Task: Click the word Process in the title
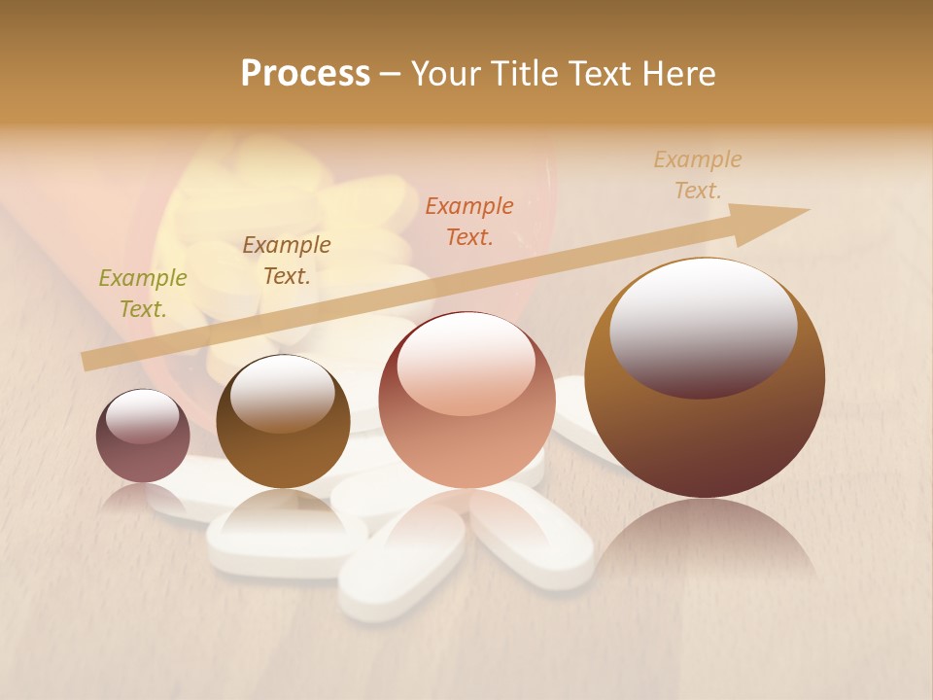pos(305,73)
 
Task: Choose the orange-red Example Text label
pos(469,221)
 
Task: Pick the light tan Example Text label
pos(698,175)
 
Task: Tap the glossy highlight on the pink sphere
pos(466,365)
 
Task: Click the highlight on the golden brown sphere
pos(282,394)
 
